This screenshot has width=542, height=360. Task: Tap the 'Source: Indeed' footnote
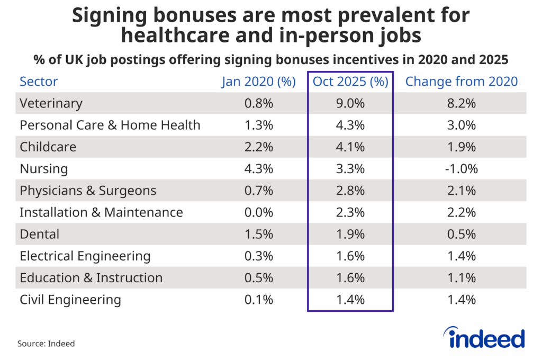click(x=46, y=344)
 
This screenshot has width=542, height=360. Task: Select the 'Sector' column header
click(x=39, y=82)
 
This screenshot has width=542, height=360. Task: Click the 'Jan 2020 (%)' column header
click(x=258, y=82)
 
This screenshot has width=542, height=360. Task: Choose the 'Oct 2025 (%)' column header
click(x=350, y=82)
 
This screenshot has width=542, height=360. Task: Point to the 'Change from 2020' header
click(x=461, y=82)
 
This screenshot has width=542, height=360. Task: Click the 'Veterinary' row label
click(x=51, y=103)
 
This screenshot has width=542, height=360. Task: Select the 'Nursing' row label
click(x=43, y=169)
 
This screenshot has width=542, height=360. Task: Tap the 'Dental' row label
click(x=39, y=234)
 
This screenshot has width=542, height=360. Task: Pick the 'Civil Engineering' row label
click(x=70, y=300)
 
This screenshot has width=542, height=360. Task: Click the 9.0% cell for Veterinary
click(x=350, y=103)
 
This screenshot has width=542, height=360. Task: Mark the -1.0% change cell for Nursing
click(x=461, y=169)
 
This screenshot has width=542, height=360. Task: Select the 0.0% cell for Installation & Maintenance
click(x=258, y=212)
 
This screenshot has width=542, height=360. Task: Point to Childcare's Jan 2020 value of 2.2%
click(x=258, y=147)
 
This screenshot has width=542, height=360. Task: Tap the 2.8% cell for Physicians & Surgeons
click(x=350, y=191)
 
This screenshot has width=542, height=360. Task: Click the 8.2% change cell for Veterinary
click(x=461, y=103)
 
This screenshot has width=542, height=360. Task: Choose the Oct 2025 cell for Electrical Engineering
click(x=350, y=256)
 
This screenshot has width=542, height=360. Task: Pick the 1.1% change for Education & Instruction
click(x=461, y=278)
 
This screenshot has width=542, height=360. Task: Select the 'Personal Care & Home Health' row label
click(x=110, y=125)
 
